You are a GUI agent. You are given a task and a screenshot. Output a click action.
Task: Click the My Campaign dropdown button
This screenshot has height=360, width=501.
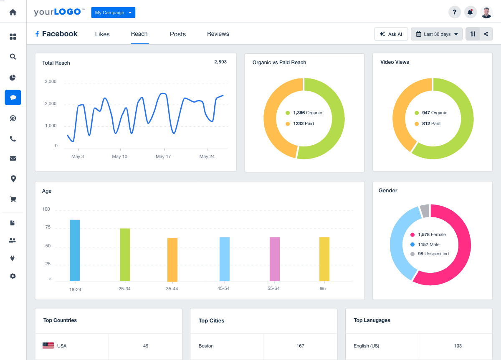[x=113, y=13]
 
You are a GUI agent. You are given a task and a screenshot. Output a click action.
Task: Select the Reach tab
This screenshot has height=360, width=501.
[x=139, y=34]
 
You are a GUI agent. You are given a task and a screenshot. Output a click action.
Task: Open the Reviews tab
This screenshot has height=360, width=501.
[x=218, y=34]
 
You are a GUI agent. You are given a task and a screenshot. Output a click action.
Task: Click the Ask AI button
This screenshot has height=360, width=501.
[x=391, y=34]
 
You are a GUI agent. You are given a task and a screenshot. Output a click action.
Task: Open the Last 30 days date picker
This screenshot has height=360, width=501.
[x=436, y=34]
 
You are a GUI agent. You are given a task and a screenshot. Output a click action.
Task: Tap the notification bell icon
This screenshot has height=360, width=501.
[x=470, y=12]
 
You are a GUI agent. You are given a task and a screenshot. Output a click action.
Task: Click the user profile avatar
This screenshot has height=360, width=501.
[x=486, y=12]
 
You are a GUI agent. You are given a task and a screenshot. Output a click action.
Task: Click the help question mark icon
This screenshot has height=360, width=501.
[x=454, y=12]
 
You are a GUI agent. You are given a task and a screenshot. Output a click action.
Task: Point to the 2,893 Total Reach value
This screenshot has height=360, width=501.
[x=220, y=62]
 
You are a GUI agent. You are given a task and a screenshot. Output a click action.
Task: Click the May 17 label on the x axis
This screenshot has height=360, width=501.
[x=163, y=157]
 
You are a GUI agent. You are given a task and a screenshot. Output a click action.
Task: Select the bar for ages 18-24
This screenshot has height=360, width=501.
[x=75, y=250]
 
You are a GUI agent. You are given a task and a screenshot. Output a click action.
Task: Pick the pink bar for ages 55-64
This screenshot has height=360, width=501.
[x=274, y=259]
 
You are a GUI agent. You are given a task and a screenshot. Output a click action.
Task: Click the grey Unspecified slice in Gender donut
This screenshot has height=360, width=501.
[x=424, y=211]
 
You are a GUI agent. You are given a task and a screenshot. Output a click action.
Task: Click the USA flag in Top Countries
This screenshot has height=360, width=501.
[x=48, y=346]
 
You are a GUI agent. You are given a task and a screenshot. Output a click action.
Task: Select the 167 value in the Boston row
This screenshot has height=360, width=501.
[x=300, y=346]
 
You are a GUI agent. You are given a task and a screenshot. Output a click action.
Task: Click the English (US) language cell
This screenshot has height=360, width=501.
[x=366, y=346]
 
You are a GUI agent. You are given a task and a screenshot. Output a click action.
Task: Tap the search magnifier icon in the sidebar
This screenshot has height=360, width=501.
[x=13, y=57]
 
